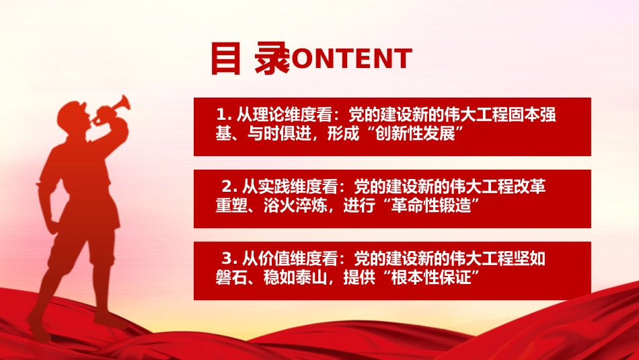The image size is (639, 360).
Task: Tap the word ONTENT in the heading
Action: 351,59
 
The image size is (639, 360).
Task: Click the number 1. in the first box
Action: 223,115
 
